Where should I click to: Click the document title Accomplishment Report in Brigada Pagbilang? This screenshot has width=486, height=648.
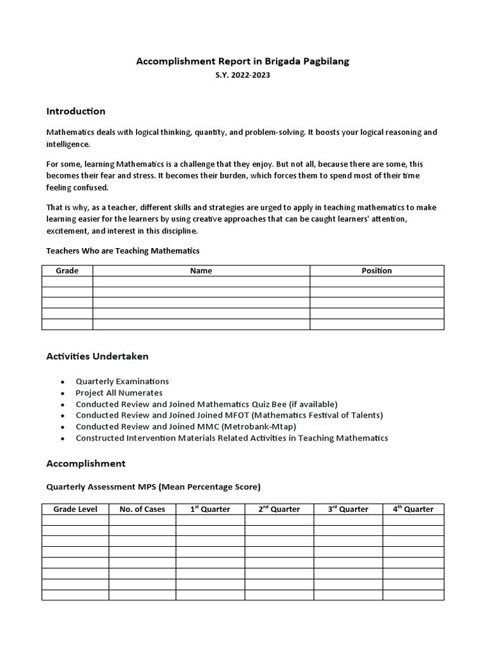pos(243,61)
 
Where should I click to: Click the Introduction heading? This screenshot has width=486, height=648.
pos(76,111)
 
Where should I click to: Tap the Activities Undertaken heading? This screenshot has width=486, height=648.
pos(97,356)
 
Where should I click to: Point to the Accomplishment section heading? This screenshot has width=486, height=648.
pos(86,464)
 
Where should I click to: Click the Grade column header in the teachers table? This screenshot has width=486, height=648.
pos(67,271)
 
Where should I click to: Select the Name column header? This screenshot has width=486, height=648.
pos(201,271)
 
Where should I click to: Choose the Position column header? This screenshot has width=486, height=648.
pos(377,271)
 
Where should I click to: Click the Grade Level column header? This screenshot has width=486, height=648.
pos(75,509)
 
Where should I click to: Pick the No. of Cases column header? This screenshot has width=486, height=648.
pos(142,509)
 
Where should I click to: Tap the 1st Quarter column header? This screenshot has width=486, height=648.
pos(210,509)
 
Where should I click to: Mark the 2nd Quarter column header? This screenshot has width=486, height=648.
pos(279,509)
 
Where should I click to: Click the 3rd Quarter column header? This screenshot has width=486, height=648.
pos(348,509)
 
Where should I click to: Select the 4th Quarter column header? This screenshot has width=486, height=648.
pos(413,509)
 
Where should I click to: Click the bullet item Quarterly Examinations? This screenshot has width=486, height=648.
pos(122,382)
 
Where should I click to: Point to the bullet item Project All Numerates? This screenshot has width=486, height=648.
pos(119,393)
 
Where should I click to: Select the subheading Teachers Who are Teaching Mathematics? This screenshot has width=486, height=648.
pos(123,251)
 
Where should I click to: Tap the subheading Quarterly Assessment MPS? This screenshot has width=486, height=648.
pos(153,487)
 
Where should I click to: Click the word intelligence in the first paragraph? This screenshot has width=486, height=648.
pos(68,144)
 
